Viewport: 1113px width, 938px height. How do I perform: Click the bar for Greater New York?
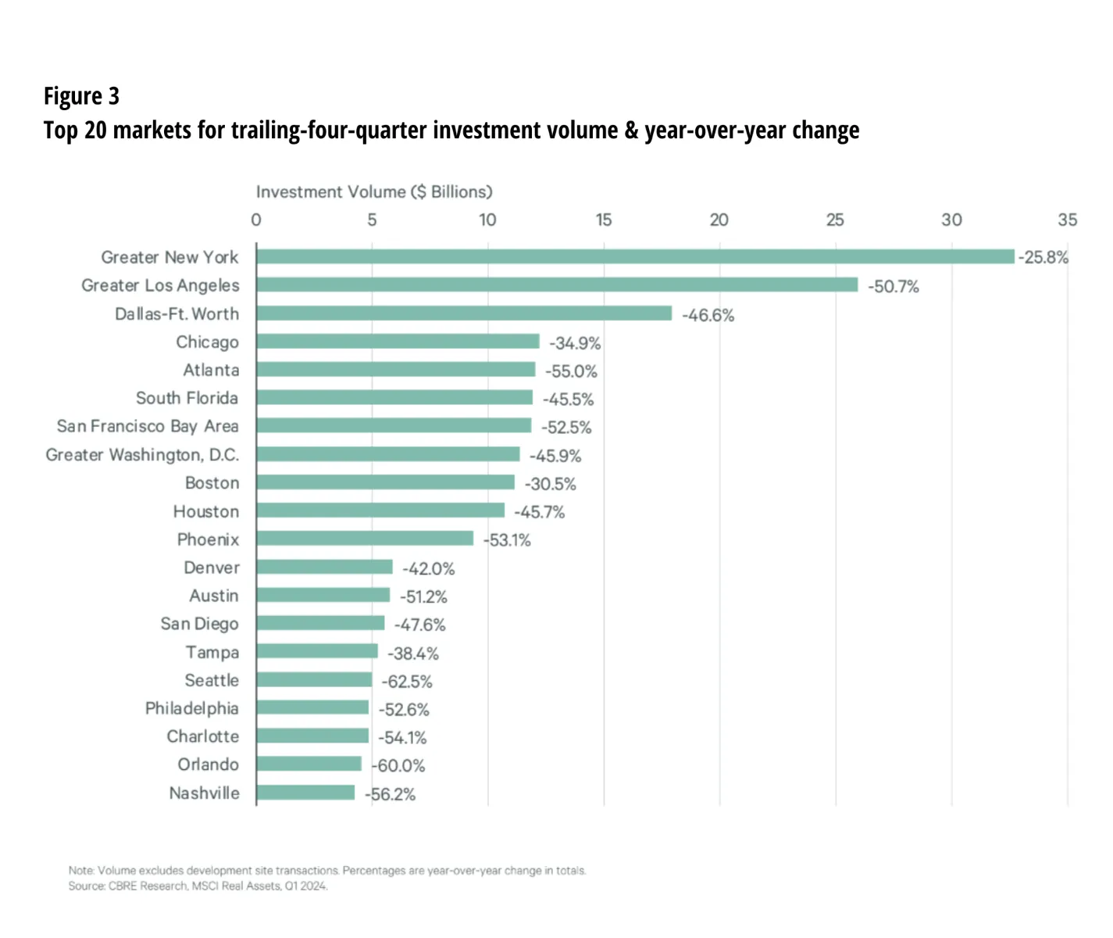point(635,256)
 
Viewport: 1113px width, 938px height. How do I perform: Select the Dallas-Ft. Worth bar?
point(464,313)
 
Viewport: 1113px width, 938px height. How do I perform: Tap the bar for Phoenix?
point(365,539)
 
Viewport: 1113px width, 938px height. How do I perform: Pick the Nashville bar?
point(305,793)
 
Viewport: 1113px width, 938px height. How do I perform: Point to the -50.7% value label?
point(894,287)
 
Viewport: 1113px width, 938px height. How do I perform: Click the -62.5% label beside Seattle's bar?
point(407,682)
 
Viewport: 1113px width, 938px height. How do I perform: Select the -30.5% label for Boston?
point(551,484)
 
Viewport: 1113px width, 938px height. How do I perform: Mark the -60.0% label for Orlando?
point(399,766)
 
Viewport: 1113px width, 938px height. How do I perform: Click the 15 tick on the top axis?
point(604,220)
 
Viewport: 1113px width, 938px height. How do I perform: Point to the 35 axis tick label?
point(1067,220)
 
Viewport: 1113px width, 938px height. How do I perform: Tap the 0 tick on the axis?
point(256,220)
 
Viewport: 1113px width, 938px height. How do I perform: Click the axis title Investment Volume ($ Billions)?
point(374,192)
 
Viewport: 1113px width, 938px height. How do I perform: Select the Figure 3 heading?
point(81,96)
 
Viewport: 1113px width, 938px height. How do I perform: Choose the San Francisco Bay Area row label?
point(148,426)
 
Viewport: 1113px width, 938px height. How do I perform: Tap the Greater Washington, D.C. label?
point(142,455)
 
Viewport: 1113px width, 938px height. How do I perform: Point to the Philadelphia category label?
point(191,708)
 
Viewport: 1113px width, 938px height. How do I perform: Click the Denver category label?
point(211,567)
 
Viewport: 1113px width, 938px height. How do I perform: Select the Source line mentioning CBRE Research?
point(198,886)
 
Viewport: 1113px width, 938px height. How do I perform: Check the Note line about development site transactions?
point(326,871)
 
